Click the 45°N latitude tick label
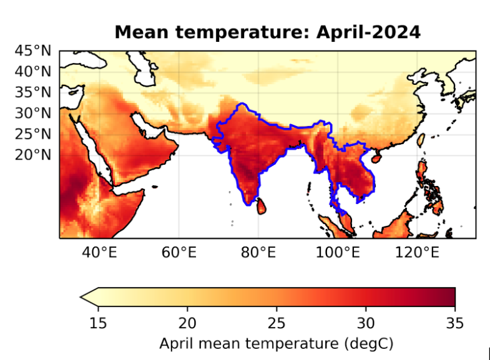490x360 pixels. click(32, 50)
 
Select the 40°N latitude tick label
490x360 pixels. click(32, 71)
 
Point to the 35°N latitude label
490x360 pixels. click(32, 92)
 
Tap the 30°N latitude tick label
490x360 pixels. click(32, 113)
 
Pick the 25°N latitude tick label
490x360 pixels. click(32, 134)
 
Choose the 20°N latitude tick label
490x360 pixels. click(32, 154)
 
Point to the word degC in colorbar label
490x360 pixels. click(368, 343)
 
